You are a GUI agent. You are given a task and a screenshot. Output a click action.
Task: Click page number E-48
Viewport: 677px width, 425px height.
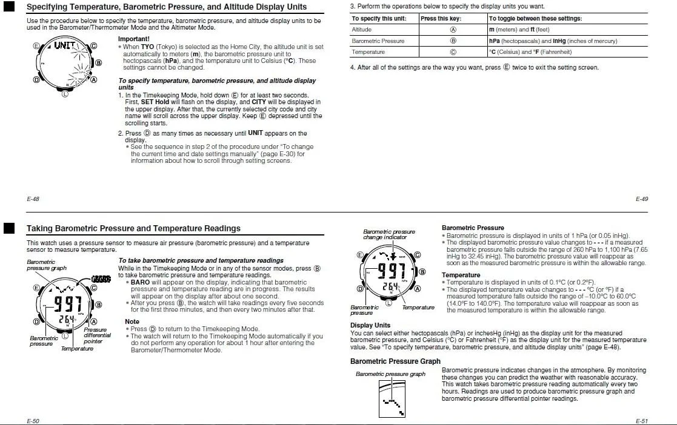coord(33,199)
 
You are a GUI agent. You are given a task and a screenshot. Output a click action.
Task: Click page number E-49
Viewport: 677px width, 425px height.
coord(642,199)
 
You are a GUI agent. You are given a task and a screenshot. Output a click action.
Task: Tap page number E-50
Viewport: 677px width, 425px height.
coord(33,420)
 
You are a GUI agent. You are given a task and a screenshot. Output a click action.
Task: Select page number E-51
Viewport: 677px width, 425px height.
coord(642,420)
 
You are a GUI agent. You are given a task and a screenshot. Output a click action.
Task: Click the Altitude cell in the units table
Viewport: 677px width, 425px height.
coord(362,30)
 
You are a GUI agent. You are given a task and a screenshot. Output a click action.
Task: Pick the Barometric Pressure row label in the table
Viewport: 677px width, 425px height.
coord(378,41)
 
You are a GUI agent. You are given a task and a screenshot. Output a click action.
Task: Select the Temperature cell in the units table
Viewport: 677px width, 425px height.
coord(368,51)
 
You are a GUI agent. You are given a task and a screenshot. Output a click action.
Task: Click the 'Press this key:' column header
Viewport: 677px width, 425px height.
coord(441,18)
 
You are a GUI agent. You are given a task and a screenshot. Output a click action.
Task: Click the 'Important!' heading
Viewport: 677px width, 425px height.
coord(133,39)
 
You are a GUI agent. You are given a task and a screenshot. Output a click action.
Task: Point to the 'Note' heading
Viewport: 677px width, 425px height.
coord(132,321)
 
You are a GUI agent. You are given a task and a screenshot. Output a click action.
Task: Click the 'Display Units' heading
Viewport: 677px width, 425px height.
coord(370,325)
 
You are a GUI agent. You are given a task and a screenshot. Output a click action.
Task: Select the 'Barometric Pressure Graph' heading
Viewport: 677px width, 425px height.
coord(395,361)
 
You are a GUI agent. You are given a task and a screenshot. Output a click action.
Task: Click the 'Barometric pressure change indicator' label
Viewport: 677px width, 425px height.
coord(389,234)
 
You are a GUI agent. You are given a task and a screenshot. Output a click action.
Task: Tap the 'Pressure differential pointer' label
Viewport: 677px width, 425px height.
coord(97,335)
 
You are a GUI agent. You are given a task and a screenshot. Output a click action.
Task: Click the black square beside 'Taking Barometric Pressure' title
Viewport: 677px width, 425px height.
coord(8,228)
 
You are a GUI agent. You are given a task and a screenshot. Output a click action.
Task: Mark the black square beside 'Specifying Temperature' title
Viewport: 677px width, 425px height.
coord(8,7)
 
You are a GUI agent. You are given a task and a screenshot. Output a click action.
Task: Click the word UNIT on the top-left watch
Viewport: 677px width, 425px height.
coord(65,45)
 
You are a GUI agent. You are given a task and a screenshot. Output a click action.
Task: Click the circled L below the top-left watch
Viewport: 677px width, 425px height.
coord(65,93)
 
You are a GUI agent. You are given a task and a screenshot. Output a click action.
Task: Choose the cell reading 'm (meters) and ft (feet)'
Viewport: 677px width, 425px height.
coord(519,30)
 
